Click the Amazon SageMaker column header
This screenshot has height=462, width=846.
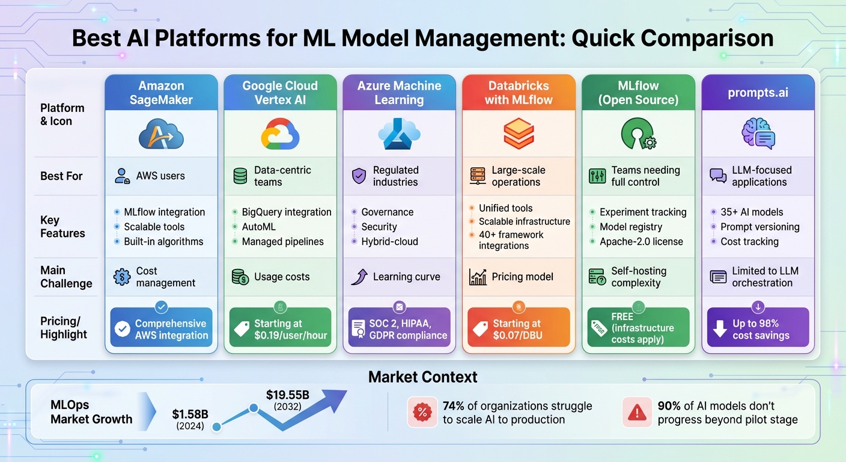click(161, 93)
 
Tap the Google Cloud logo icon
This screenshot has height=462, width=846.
click(280, 134)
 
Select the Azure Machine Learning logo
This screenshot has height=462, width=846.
click(399, 134)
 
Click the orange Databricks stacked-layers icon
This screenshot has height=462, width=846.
click(518, 134)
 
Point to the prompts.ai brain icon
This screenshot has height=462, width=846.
click(758, 134)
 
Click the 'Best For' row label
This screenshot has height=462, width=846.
click(61, 176)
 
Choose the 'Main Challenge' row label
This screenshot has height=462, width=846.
click(66, 277)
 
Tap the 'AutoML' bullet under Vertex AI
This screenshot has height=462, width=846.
click(258, 227)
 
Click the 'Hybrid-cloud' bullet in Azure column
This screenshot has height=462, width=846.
click(389, 242)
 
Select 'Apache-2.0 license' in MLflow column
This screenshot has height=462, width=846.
click(641, 242)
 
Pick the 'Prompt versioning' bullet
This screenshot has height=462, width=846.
click(759, 227)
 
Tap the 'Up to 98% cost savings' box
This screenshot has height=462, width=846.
click(758, 329)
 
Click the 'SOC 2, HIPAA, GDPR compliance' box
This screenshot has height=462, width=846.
click(399, 329)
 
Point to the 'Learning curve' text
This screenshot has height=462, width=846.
click(406, 277)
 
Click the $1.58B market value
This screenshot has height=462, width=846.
click(190, 414)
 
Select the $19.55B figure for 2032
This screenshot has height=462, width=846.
click(287, 395)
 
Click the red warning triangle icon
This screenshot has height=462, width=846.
click(636, 412)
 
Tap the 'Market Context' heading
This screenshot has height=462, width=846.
click(422, 377)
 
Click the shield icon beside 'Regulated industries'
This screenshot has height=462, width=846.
click(359, 176)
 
